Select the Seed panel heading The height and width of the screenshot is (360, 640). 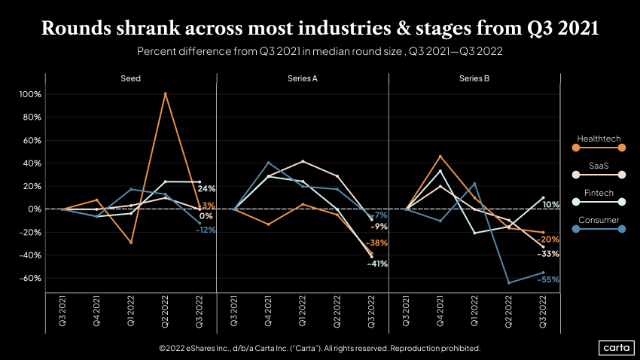pyautogui.click(x=130, y=78)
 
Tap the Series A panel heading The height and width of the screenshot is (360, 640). pyautogui.click(x=302, y=78)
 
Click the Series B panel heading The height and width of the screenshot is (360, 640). pyautogui.click(x=474, y=78)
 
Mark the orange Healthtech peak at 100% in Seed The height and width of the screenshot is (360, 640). pyautogui.click(x=165, y=94)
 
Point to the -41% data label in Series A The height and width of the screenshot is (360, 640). pyautogui.click(x=376, y=264)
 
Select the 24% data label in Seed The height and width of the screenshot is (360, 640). pyautogui.click(x=207, y=188)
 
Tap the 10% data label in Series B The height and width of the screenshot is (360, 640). pyautogui.click(x=550, y=205)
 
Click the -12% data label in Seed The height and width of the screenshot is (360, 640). pyautogui.click(x=206, y=230)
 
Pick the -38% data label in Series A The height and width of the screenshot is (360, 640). pyautogui.click(x=376, y=243)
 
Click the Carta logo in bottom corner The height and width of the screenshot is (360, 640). pyautogui.click(x=615, y=347)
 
